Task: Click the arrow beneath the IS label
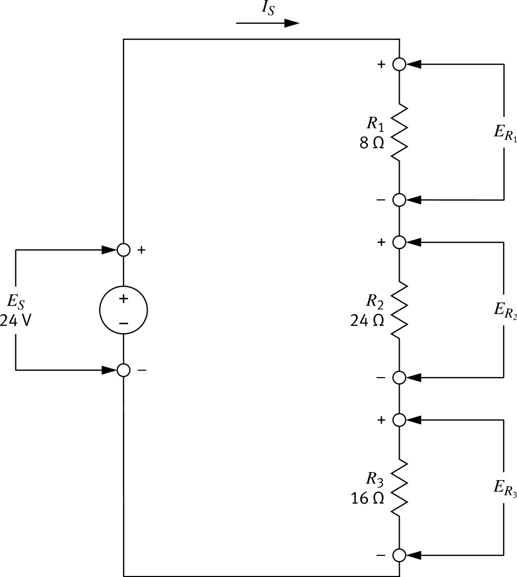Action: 267,24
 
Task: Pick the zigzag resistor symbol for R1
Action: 399,132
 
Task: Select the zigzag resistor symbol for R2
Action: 399,309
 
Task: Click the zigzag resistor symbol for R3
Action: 399,487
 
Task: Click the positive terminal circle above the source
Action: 123,250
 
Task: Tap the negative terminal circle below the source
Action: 123,370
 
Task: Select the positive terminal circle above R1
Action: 399,64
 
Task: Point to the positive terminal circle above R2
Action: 399,242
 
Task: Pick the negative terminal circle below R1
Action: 399,200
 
